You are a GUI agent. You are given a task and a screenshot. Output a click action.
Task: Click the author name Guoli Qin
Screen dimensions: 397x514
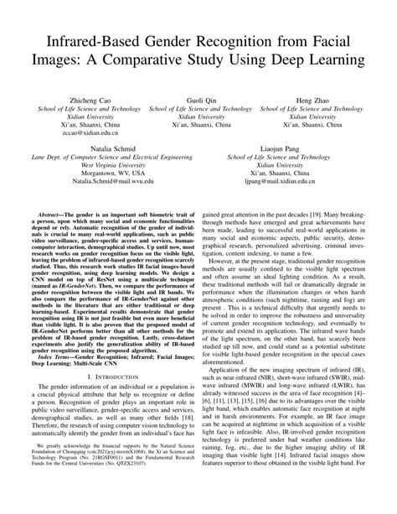[198, 100]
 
